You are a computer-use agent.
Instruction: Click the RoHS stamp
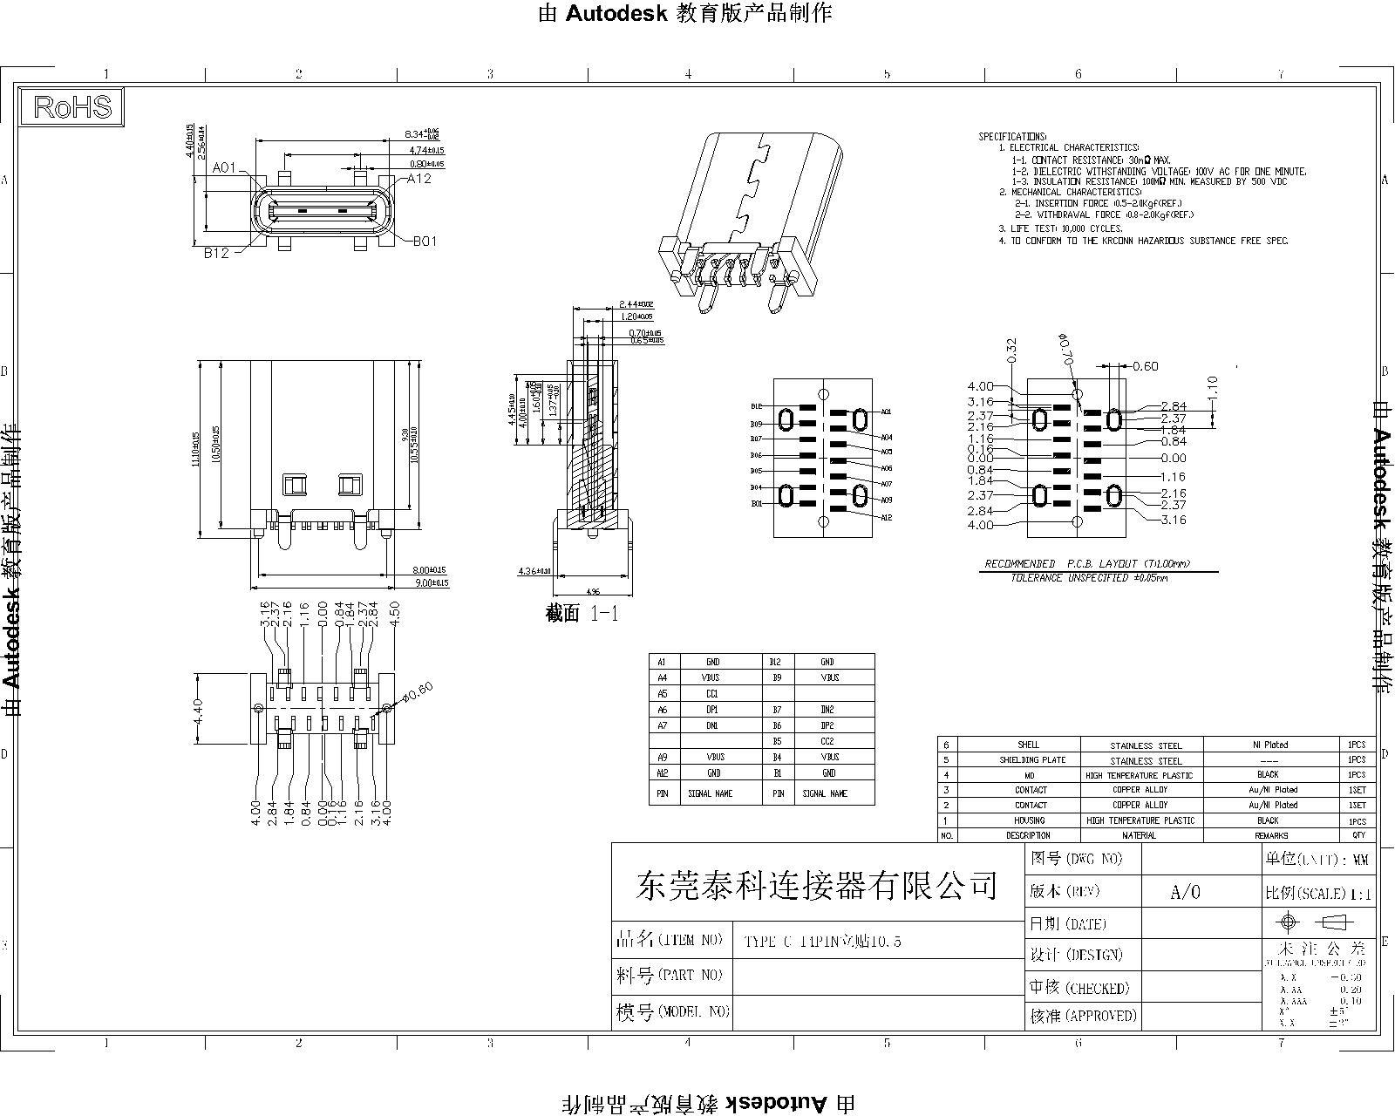(x=72, y=106)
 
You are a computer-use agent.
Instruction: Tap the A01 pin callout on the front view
(x=224, y=167)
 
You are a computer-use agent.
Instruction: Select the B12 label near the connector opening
(x=216, y=253)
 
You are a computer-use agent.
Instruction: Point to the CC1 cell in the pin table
(x=712, y=694)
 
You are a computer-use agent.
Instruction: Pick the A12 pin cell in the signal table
(x=663, y=773)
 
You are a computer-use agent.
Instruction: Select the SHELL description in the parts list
(x=1029, y=745)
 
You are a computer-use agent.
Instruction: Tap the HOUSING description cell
(x=1030, y=820)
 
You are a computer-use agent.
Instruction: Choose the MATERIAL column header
(x=1140, y=835)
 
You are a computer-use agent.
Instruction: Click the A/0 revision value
(x=1185, y=892)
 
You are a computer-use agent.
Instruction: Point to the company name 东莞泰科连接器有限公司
(x=817, y=886)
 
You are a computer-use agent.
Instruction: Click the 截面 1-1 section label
(x=582, y=614)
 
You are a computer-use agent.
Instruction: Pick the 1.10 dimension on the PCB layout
(x=1212, y=385)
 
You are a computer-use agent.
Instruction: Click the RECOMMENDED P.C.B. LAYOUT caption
(x=1087, y=564)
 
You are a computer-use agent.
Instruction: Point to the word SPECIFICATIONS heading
(x=1012, y=137)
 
